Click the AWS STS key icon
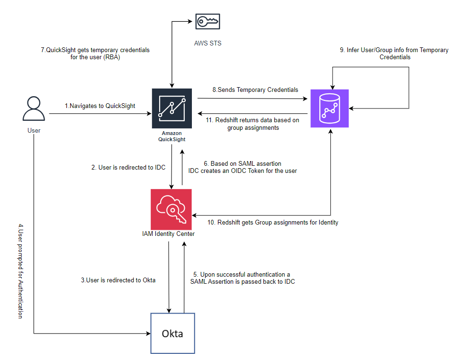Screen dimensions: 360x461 pyautogui.click(x=208, y=21)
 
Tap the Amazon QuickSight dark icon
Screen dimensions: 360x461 pyautogui.click(x=172, y=108)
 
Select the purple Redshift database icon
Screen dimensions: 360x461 pyautogui.click(x=329, y=108)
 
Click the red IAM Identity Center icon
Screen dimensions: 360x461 pyautogui.click(x=171, y=208)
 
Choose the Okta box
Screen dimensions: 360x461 pyautogui.click(x=172, y=333)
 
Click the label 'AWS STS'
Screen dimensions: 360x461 pyautogui.click(x=208, y=43)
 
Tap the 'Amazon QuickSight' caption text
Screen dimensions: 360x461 pyautogui.click(x=172, y=136)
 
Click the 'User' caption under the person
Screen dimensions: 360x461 pyautogui.click(x=34, y=130)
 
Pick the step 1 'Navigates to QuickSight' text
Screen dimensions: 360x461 pyautogui.click(x=100, y=106)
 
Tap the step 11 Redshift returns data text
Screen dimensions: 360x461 pyautogui.click(x=252, y=124)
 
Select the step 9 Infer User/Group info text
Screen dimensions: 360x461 pyautogui.click(x=394, y=53)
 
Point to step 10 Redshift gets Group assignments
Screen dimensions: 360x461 pyautogui.click(x=273, y=222)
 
